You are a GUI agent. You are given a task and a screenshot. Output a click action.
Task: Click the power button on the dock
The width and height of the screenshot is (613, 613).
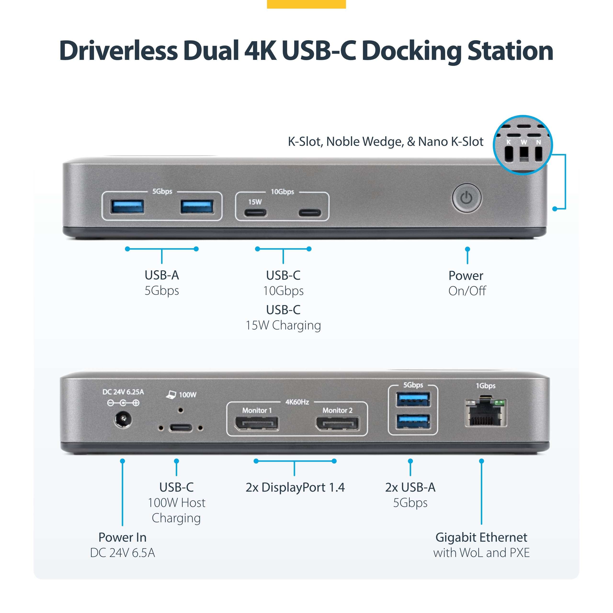pyautogui.click(x=466, y=198)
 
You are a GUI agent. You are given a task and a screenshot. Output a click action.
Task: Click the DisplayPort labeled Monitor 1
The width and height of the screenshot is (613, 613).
pyautogui.click(x=256, y=423)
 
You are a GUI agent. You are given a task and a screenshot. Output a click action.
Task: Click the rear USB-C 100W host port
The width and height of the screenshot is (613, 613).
pyautogui.click(x=181, y=428)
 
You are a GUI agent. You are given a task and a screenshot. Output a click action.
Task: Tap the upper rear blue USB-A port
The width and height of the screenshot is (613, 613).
pyautogui.click(x=413, y=399)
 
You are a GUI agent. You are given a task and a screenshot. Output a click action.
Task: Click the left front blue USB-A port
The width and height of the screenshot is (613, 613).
pyautogui.click(x=127, y=207)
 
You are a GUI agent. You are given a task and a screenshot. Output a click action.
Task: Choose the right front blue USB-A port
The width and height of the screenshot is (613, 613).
pyautogui.click(x=197, y=207)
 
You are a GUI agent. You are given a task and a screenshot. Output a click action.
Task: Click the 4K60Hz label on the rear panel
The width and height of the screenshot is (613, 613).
pyautogui.click(x=297, y=402)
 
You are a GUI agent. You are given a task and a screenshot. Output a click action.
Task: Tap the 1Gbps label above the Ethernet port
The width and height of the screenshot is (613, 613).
pyautogui.click(x=485, y=386)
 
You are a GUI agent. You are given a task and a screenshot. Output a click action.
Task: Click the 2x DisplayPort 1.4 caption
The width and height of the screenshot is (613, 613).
pyautogui.click(x=295, y=487)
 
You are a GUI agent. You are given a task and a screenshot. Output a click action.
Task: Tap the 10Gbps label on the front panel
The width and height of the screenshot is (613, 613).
pyautogui.click(x=282, y=192)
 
